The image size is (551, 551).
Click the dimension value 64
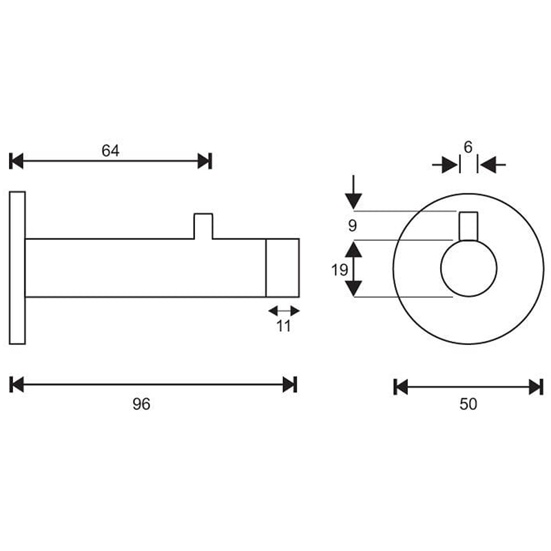tap(111, 151)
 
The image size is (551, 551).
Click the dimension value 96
tap(141, 404)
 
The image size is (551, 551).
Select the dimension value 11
tap(284, 326)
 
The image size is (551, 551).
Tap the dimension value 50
tap(468, 404)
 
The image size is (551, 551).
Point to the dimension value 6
tap(468, 147)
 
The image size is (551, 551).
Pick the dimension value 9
tap(353, 225)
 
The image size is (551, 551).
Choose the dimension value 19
tap(339, 269)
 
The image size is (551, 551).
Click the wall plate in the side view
tap(17, 268)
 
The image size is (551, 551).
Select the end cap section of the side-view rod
tap(282, 268)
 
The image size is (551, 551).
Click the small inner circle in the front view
tap(468, 269)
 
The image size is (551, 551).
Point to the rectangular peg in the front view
tap(468, 225)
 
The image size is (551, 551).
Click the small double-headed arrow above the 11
tap(284, 311)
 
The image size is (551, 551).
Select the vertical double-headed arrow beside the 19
tap(353, 269)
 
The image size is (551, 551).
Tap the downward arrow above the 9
tap(353, 193)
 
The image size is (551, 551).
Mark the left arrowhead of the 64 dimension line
tap(17, 161)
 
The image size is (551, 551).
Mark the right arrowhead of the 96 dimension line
tap(289, 384)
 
